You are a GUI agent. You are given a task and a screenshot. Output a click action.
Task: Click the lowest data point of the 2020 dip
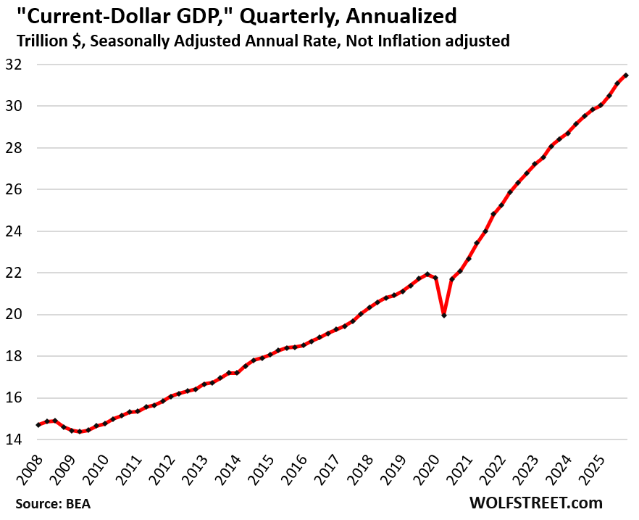click(x=443, y=315)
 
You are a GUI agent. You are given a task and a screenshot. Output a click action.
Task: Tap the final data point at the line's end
click(x=626, y=75)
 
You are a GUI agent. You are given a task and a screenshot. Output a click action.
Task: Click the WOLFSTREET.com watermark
click(x=536, y=502)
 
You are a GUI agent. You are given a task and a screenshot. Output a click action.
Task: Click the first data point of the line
click(x=38, y=425)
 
